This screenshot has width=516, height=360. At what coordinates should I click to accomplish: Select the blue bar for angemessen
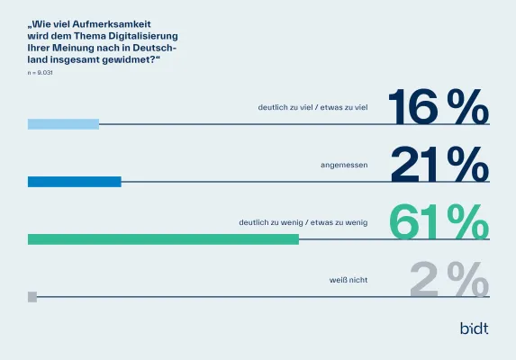[x=74, y=182]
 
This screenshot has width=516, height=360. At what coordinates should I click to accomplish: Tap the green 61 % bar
[x=163, y=239]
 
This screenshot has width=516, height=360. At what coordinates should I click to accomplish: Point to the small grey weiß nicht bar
[x=32, y=296]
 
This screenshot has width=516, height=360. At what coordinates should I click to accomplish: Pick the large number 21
[x=416, y=165]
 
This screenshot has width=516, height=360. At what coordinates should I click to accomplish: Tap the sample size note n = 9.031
[x=41, y=70]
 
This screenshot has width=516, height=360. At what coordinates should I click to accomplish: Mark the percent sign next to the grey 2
[x=470, y=280]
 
